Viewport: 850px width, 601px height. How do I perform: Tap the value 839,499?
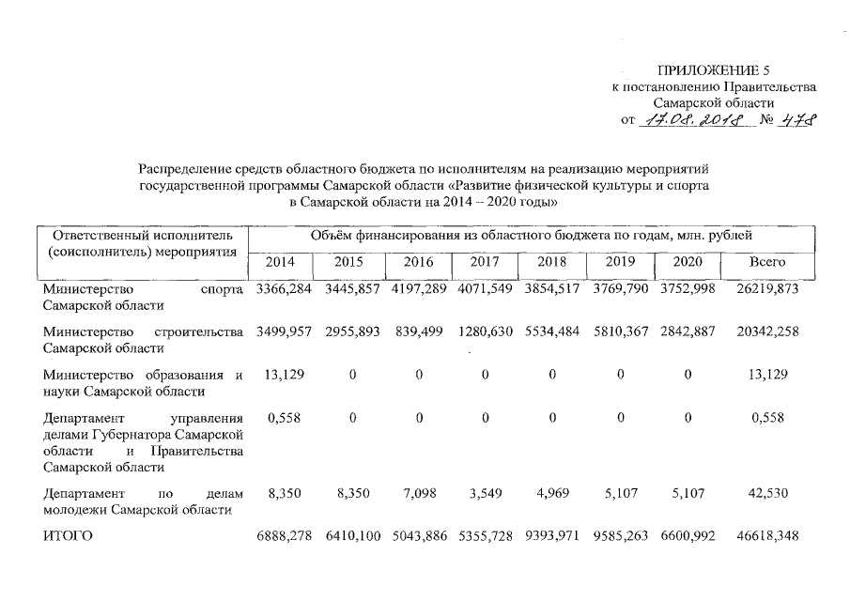418,332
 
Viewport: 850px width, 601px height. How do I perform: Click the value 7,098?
418,492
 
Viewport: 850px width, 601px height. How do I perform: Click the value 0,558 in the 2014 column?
283,419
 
